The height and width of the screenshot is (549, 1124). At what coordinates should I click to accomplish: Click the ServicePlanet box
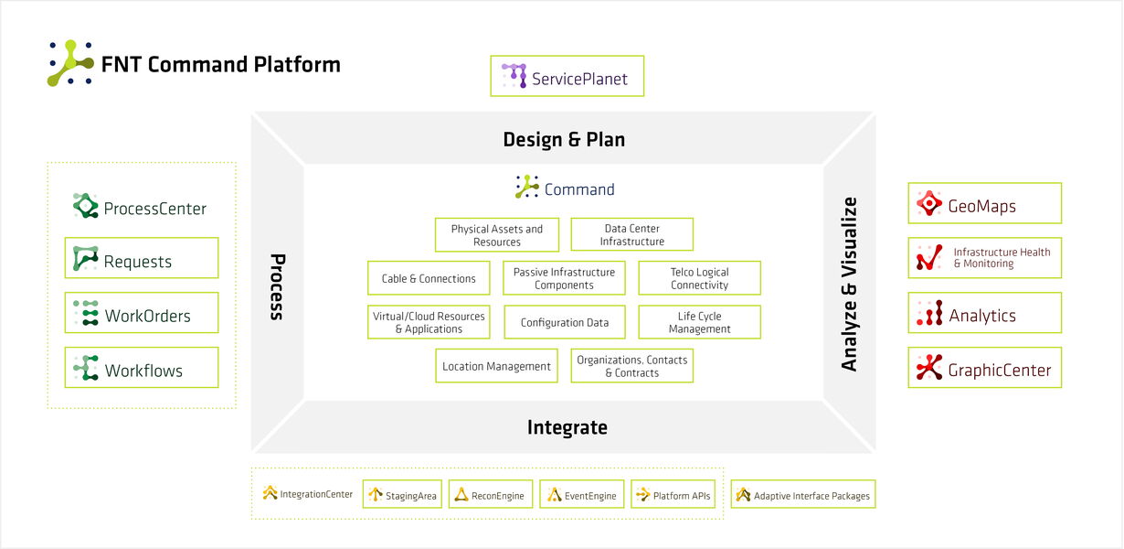567,77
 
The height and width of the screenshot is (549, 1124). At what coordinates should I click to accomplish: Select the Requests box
142,259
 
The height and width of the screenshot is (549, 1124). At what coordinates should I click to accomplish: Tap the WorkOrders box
142,314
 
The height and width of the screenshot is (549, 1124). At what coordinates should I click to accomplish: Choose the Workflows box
142,369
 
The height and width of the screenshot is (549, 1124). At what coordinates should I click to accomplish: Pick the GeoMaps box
984,204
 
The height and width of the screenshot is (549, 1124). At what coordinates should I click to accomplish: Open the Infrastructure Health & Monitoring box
984,258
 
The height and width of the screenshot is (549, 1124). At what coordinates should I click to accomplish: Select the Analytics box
984,314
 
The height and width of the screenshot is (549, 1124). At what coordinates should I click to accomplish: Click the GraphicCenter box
984,369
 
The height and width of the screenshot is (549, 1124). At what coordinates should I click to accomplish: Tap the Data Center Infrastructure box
631,235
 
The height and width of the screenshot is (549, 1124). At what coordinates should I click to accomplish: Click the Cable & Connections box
429,278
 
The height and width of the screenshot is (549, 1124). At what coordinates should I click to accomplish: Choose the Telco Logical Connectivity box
699,278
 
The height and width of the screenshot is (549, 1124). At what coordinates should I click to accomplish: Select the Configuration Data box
564,322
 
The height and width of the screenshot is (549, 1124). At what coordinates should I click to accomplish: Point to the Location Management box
496,366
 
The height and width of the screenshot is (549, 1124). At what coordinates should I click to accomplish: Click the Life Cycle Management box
699,322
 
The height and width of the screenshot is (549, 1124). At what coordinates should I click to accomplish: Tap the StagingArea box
402,495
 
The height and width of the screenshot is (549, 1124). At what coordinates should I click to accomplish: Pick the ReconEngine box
490,495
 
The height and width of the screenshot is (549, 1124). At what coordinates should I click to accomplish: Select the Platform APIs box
672,495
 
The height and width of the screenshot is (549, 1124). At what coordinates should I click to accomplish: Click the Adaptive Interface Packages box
803,495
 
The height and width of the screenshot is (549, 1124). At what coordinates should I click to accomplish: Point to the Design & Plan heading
564,139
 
